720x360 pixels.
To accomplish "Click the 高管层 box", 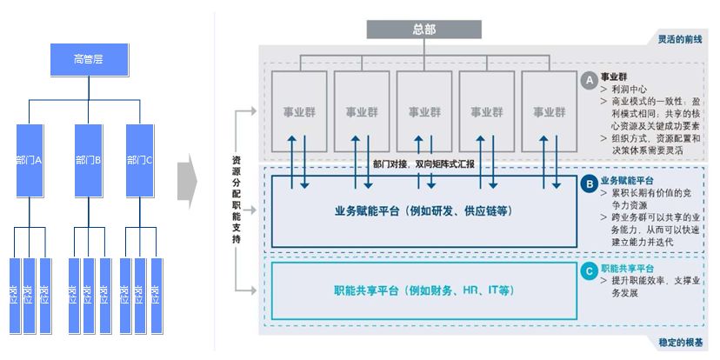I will [90, 59].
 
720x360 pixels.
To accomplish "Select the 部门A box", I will [30, 160].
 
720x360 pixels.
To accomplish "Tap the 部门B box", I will [89, 160].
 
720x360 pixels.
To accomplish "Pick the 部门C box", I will [140, 160].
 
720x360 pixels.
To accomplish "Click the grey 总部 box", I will [424, 30].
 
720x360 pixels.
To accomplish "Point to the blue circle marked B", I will [590, 183].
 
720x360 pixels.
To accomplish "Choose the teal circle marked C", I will [590, 270].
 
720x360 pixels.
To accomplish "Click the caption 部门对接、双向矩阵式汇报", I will [425, 163].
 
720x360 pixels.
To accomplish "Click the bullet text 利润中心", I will [630, 90].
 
